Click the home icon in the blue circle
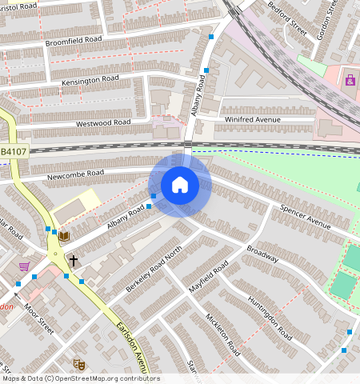(x=180, y=185)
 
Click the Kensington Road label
(x=89, y=80)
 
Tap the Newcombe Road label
(x=75, y=173)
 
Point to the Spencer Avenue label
(x=305, y=216)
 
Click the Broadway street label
(x=262, y=253)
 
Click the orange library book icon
(x=63, y=236)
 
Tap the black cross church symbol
(x=74, y=260)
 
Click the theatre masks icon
(x=78, y=364)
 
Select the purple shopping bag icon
(x=350, y=79)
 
